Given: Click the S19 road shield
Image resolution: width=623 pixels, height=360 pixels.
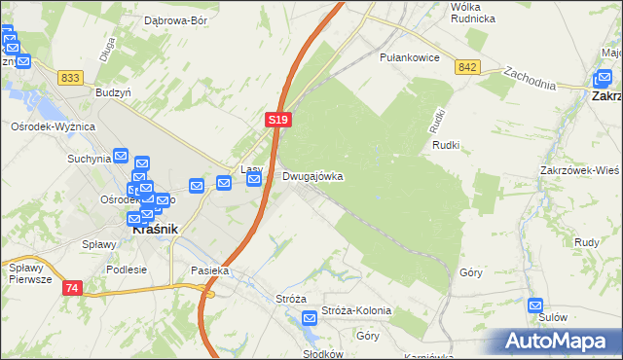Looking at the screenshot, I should point(278,118).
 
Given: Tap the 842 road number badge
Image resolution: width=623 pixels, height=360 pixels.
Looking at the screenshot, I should point(467,67).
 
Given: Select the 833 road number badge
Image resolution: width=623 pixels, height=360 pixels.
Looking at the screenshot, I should point(69,77).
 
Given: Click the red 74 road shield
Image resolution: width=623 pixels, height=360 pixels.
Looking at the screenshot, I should point(73,288).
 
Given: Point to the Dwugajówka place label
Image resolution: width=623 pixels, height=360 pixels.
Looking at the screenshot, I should point(312,177).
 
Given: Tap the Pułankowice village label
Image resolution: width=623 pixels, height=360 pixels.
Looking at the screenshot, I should point(409,57).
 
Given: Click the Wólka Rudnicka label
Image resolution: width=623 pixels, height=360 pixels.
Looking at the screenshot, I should point(473,13).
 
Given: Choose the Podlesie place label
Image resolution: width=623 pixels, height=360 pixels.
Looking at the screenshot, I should point(127,270).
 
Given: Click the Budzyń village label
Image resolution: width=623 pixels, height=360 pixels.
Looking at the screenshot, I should point(113,92).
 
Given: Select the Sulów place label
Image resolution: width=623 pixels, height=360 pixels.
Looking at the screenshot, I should point(552,317).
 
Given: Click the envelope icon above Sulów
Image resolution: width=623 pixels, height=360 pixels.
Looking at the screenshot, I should point(534,304).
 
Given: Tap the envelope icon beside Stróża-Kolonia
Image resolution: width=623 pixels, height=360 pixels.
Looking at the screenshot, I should point(310,316).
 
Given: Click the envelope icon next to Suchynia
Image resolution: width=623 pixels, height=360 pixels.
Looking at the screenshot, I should point(122,156).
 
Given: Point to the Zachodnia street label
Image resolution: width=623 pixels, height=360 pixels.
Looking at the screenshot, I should point(530,78).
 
